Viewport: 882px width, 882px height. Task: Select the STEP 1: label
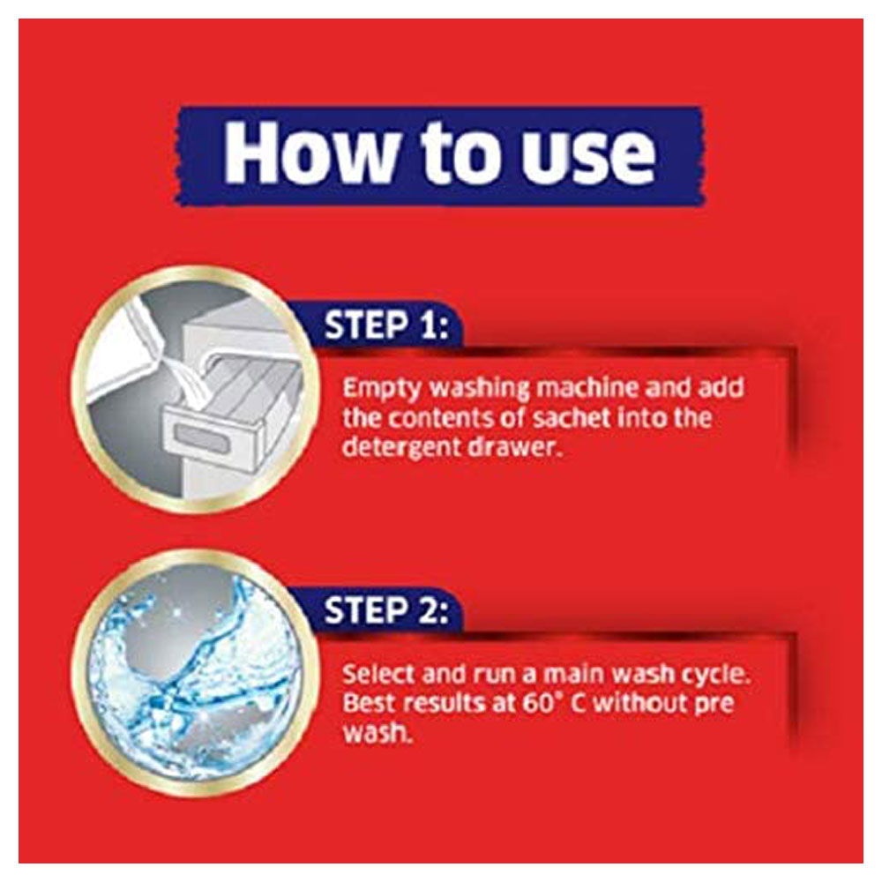point(387,325)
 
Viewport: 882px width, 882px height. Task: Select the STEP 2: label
point(387,610)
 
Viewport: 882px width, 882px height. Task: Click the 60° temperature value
point(542,704)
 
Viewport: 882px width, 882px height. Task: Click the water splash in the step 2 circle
point(195,673)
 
